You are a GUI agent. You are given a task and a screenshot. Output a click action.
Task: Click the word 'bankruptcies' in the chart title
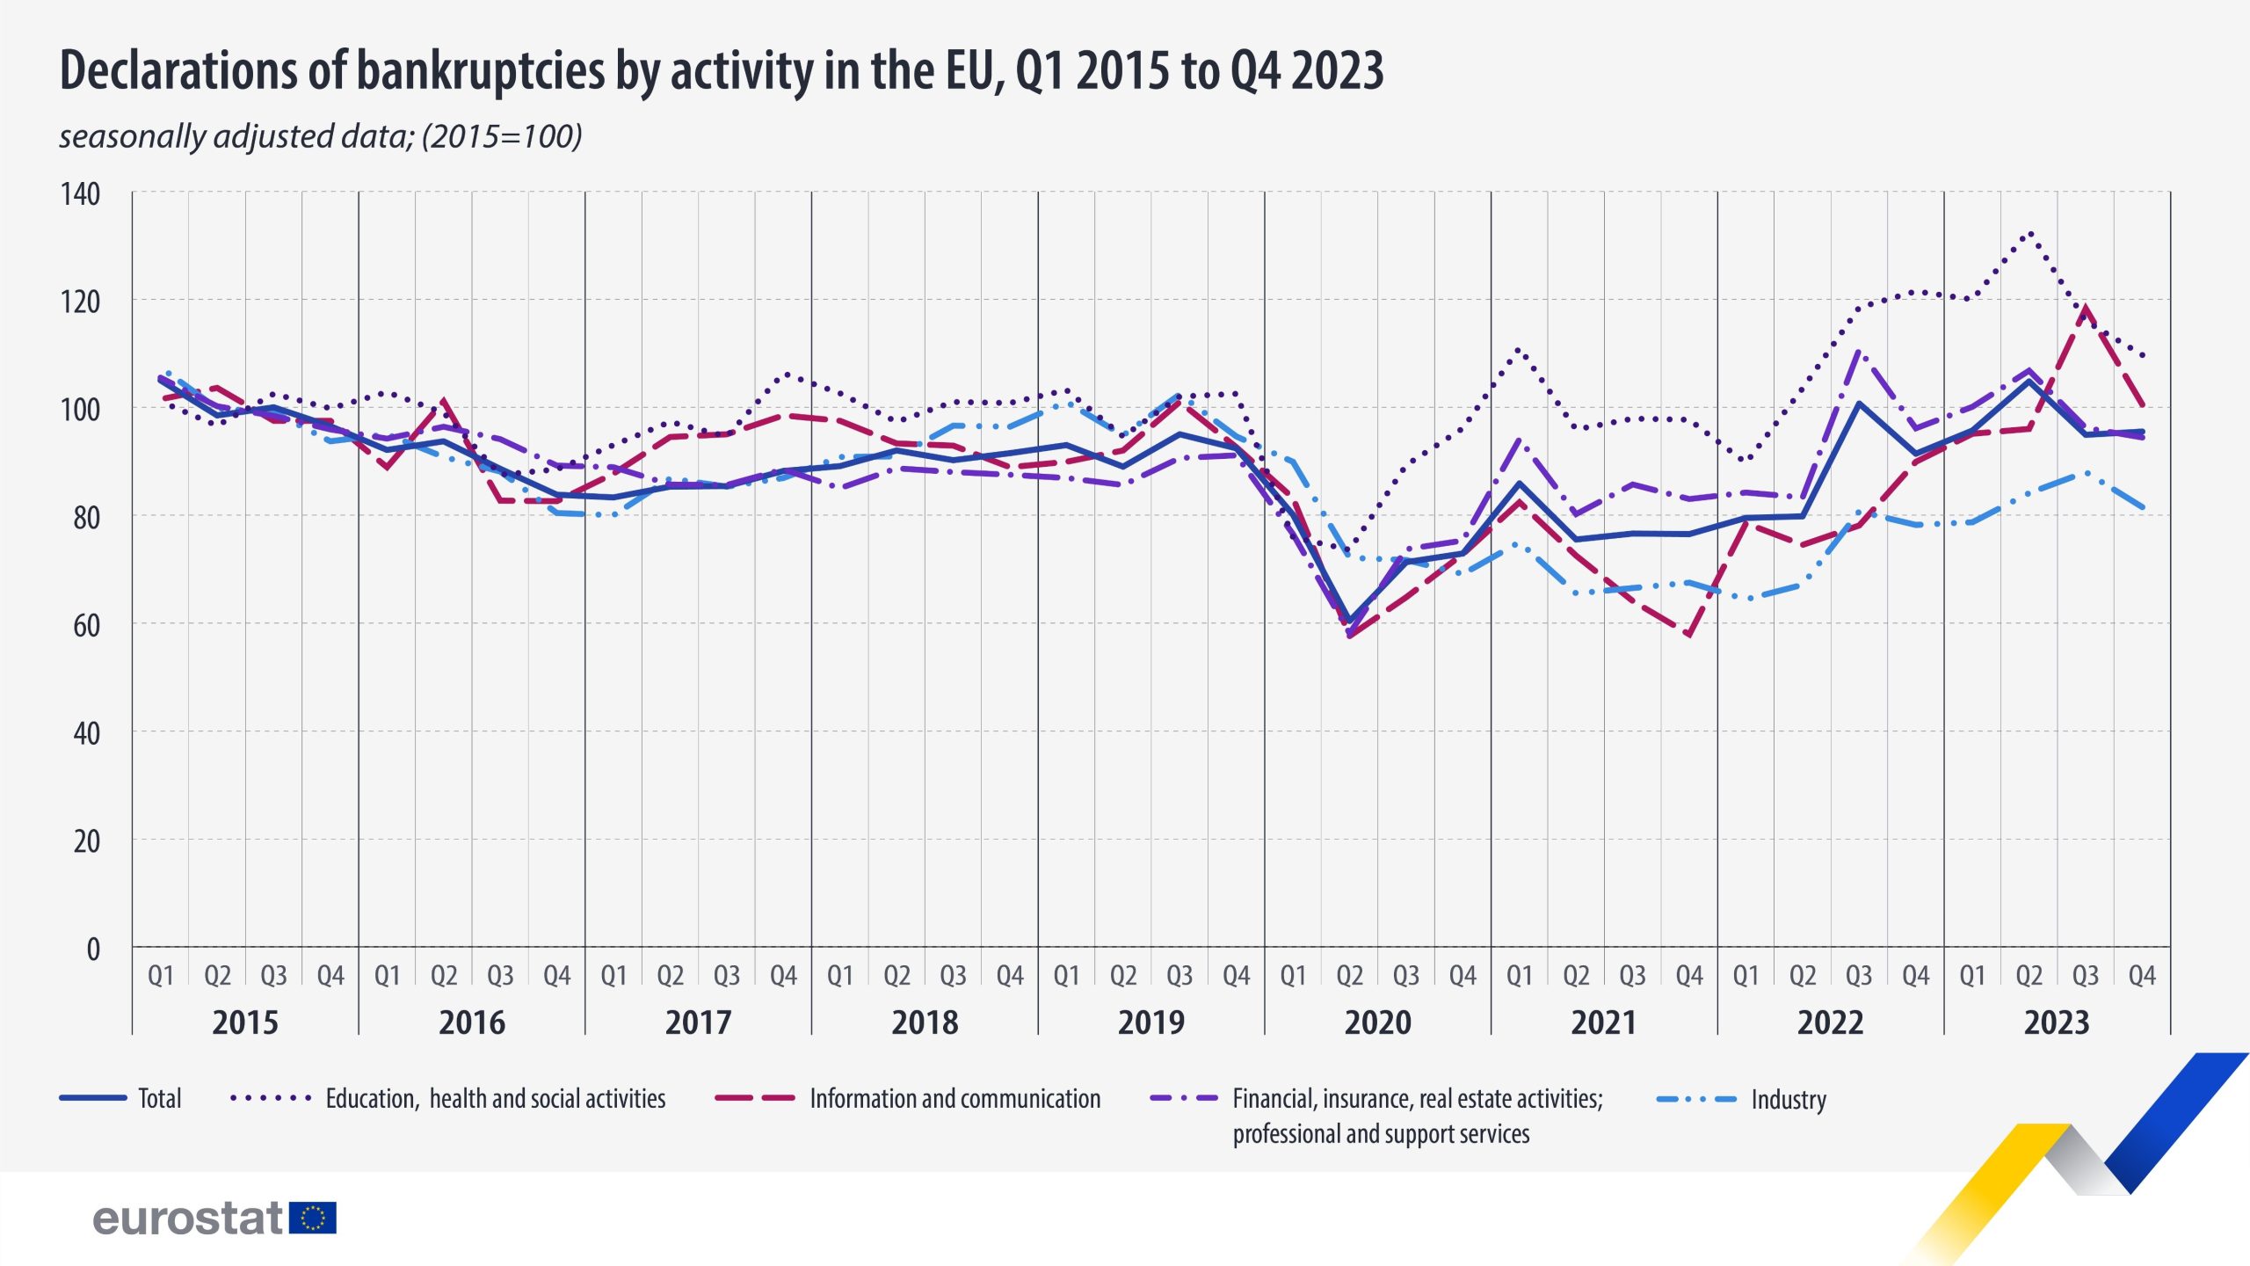(480, 70)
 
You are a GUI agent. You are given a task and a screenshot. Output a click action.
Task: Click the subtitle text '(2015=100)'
(502, 136)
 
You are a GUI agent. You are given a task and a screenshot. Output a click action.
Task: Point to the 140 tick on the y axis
(80, 193)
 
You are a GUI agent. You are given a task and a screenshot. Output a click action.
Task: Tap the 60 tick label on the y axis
(86, 626)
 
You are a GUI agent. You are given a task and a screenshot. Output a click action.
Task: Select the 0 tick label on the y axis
(92, 949)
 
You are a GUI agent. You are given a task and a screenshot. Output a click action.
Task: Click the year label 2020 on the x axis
(1377, 1022)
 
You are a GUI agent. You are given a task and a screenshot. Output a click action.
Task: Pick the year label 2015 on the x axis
(245, 1022)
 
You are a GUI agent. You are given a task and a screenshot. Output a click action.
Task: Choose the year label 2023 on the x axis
(2057, 1022)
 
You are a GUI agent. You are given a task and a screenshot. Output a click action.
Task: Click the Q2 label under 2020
(1349, 976)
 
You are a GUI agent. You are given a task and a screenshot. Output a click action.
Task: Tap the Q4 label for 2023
(2142, 976)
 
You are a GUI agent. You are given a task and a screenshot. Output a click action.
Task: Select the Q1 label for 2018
(840, 976)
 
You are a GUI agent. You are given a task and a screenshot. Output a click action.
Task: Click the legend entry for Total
(159, 1099)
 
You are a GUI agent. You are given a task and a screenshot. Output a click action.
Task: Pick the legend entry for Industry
(1788, 1100)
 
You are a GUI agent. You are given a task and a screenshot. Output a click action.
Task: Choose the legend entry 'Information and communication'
(954, 1099)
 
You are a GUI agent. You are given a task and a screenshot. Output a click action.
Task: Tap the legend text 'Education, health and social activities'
(496, 1099)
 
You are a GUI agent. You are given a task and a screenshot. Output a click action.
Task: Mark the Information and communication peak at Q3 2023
(2085, 309)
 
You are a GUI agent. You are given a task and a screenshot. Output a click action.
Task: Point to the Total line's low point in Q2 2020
(1350, 621)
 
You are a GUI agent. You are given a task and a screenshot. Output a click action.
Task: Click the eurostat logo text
(187, 1219)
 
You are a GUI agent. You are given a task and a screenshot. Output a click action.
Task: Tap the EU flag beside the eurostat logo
(313, 1218)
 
